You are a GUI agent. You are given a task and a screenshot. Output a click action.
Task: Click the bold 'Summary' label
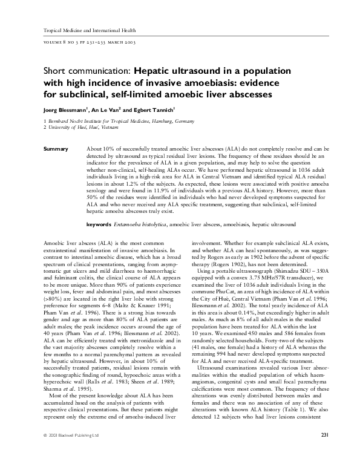tap(55, 148)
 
